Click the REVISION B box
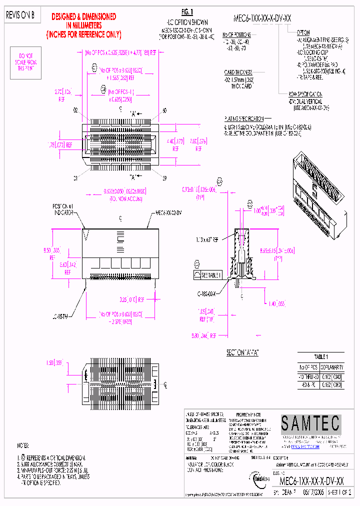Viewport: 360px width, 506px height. [20, 15]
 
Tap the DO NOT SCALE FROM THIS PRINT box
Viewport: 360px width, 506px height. [28, 62]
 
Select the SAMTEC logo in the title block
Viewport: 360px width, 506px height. [310, 424]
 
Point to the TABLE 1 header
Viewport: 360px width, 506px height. [320, 357]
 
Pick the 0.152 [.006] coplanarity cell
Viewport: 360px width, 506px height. [330, 385]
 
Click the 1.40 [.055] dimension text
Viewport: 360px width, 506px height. [276, 303]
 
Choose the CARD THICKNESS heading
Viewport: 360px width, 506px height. [238, 72]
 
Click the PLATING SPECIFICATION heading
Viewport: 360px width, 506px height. [243, 118]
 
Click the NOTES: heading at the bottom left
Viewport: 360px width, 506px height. [23, 445]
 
